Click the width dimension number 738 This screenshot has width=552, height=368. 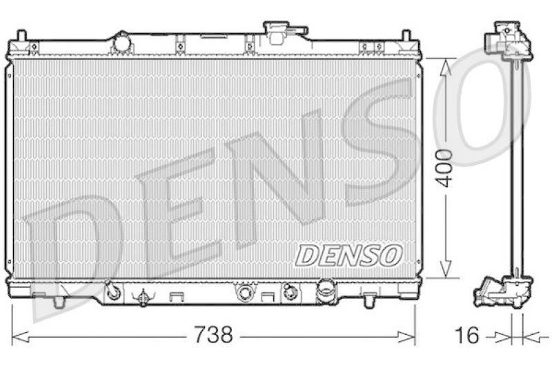click(213, 336)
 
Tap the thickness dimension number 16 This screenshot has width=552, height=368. click(467, 336)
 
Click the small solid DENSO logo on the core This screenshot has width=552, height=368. click(348, 255)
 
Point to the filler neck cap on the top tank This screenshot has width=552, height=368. click(284, 31)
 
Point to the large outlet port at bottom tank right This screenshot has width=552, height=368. click(325, 290)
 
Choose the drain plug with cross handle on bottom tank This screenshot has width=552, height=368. click(144, 298)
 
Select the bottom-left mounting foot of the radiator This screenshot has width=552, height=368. click(59, 301)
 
